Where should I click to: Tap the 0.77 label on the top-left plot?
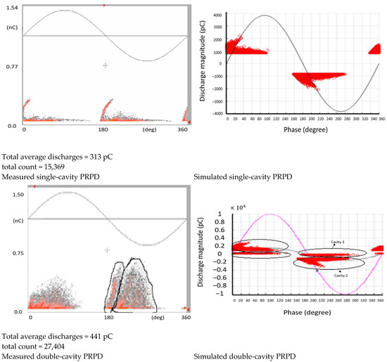tap(11, 65)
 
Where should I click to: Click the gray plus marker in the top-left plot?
tap(106, 65)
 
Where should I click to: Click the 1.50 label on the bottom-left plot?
tap(11, 194)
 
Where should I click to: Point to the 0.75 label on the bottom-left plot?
tap(11, 252)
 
